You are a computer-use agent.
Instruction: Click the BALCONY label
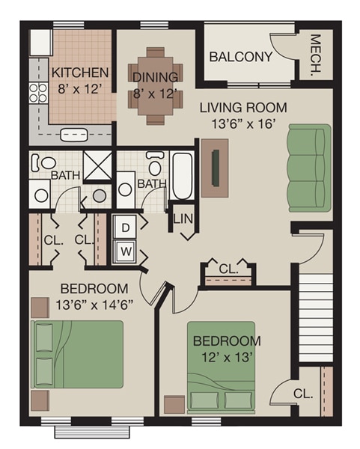coord(240,57)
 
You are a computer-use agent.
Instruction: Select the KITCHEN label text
coord(80,73)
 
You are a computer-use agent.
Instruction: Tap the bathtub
coord(182,177)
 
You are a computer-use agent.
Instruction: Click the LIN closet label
coord(183,219)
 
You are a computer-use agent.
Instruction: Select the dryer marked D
coord(125,226)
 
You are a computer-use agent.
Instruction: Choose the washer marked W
coord(125,250)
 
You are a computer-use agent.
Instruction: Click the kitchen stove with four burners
coord(38,93)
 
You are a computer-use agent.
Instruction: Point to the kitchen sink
coord(73,135)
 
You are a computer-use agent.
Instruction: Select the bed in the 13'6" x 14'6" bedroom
coord(77,354)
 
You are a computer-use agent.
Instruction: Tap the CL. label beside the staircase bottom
coord(302,393)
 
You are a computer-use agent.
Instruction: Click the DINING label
coord(155,76)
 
